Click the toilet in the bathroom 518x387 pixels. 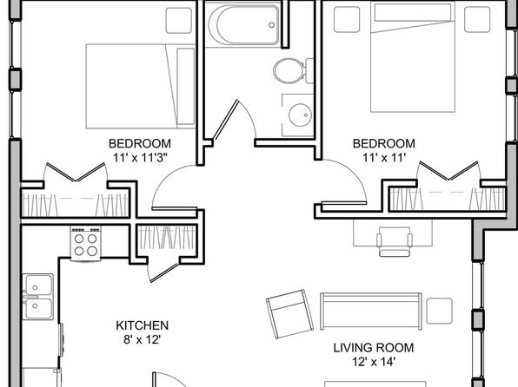(292, 70)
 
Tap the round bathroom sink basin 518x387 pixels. (300, 115)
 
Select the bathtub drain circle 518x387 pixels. (271, 25)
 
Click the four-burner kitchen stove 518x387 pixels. (85, 244)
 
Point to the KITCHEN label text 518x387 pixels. (142, 325)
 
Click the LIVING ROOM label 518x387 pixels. (374, 348)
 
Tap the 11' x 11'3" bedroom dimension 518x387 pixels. (140, 158)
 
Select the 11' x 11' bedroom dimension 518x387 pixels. (384, 158)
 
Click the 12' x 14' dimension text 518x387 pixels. (374, 362)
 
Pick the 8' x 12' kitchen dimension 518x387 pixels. (142, 339)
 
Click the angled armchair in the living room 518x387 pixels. (289, 314)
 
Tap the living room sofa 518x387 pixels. (371, 312)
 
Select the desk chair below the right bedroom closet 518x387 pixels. (395, 242)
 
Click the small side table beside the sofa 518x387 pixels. (439, 312)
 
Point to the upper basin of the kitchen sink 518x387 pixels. (39, 285)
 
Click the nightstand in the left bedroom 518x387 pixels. (179, 21)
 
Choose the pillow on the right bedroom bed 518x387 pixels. (413, 12)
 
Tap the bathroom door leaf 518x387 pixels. (226, 120)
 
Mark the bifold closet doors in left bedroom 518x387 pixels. (76, 172)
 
